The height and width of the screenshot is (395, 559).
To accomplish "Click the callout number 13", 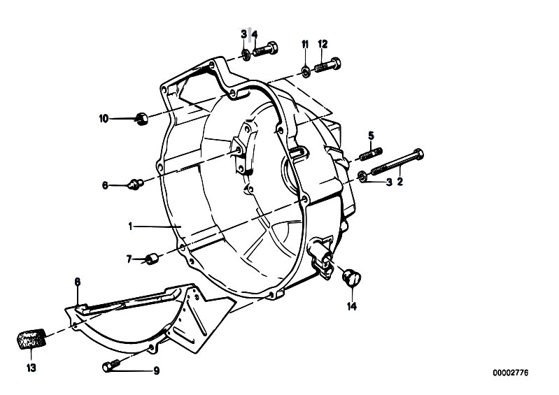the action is coord(31,368).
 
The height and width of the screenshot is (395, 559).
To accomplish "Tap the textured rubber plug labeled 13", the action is coord(31,339).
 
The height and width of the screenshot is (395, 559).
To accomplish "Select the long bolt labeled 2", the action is coord(397,163).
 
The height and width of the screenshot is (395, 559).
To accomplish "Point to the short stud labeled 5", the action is coord(370,154).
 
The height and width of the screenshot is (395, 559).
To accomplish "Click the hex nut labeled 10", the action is coord(141,118).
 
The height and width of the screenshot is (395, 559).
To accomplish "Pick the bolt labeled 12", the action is coord(327,65).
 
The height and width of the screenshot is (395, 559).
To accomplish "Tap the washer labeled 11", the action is coord(305,71).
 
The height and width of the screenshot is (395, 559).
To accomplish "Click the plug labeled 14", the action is coord(352,277).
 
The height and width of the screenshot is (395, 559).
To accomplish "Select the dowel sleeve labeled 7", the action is coord(152,259).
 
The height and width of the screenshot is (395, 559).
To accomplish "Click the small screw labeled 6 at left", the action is coord(135,184).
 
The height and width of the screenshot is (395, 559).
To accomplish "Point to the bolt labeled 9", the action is coord(111,365).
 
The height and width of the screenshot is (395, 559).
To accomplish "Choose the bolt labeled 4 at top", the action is coord(265,49).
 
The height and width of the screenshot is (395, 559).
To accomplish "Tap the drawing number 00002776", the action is coord(511,373).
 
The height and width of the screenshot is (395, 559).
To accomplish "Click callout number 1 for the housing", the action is coord(131,227).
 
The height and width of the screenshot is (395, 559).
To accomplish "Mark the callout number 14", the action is coord(352,306).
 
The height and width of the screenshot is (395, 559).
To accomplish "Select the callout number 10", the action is coord(104,119).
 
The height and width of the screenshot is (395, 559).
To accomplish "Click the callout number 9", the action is coord(157,371).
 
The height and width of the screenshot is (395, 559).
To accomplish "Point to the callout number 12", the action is coord(323,44).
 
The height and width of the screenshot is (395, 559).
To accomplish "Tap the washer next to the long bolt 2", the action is coord(362,176).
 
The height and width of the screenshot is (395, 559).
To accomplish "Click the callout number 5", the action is coord(371,136).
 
